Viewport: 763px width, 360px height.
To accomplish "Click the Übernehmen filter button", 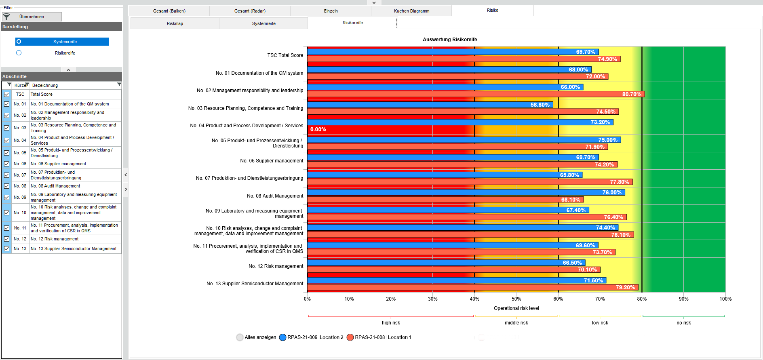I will pyautogui.click(x=32, y=17).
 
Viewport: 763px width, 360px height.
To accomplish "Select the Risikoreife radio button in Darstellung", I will pyautogui.click(x=19, y=53).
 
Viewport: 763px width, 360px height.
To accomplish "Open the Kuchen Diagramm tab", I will pyautogui.click(x=411, y=11).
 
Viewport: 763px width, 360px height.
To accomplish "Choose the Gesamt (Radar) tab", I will pyautogui.click(x=250, y=11).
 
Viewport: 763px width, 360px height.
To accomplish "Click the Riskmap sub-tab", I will pyautogui.click(x=175, y=23).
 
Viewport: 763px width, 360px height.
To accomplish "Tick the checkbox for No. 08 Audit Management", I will pyautogui.click(x=7, y=186).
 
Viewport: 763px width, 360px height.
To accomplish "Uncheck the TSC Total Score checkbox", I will pyautogui.click(x=7, y=95).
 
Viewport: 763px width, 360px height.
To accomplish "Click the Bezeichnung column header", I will pyautogui.click(x=45, y=85).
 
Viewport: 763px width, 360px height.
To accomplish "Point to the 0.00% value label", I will pyautogui.click(x=318, y=130).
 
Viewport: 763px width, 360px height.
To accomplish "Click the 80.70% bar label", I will pyautogui.click(x=632, y=94).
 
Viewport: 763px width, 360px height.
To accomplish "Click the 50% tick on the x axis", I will pyautogui.click(x=516, y=299).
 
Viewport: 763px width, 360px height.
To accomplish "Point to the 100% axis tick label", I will pyautogui.click(x=725, y=299).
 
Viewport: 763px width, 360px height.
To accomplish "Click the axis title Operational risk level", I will pyautogui.click(x=516, y=308).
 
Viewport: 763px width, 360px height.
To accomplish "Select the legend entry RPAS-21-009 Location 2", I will pyautogui.click(x=311, y=337).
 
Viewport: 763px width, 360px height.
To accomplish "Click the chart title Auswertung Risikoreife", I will pyautogui.click(x=449, y=40).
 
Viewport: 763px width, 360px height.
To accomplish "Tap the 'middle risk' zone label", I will pyautogui.click(x=516, y=323).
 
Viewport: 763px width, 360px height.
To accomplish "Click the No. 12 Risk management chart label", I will pyautogui.click(x=276, y=266).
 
